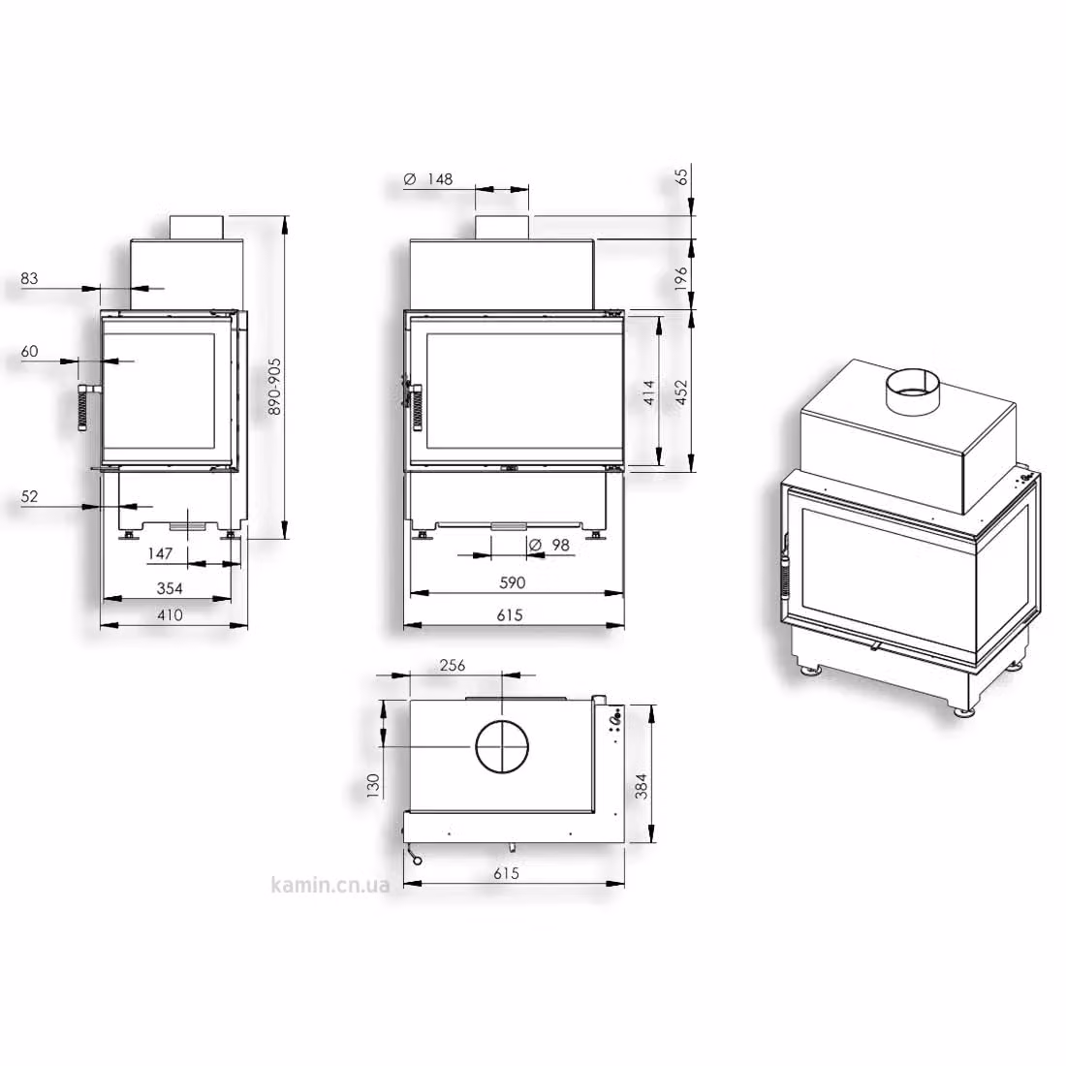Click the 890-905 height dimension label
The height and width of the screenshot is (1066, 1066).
274,386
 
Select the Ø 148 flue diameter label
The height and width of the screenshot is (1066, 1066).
428,179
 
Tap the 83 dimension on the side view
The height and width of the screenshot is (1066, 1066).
29,278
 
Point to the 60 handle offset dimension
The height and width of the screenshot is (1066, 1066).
29,352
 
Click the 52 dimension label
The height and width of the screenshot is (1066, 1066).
29,496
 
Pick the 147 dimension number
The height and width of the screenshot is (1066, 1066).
160,553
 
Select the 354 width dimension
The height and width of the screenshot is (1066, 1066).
170,588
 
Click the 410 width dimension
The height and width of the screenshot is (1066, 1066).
170,615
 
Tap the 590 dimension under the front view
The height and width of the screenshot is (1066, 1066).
512,582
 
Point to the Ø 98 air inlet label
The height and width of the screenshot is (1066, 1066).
549,546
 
